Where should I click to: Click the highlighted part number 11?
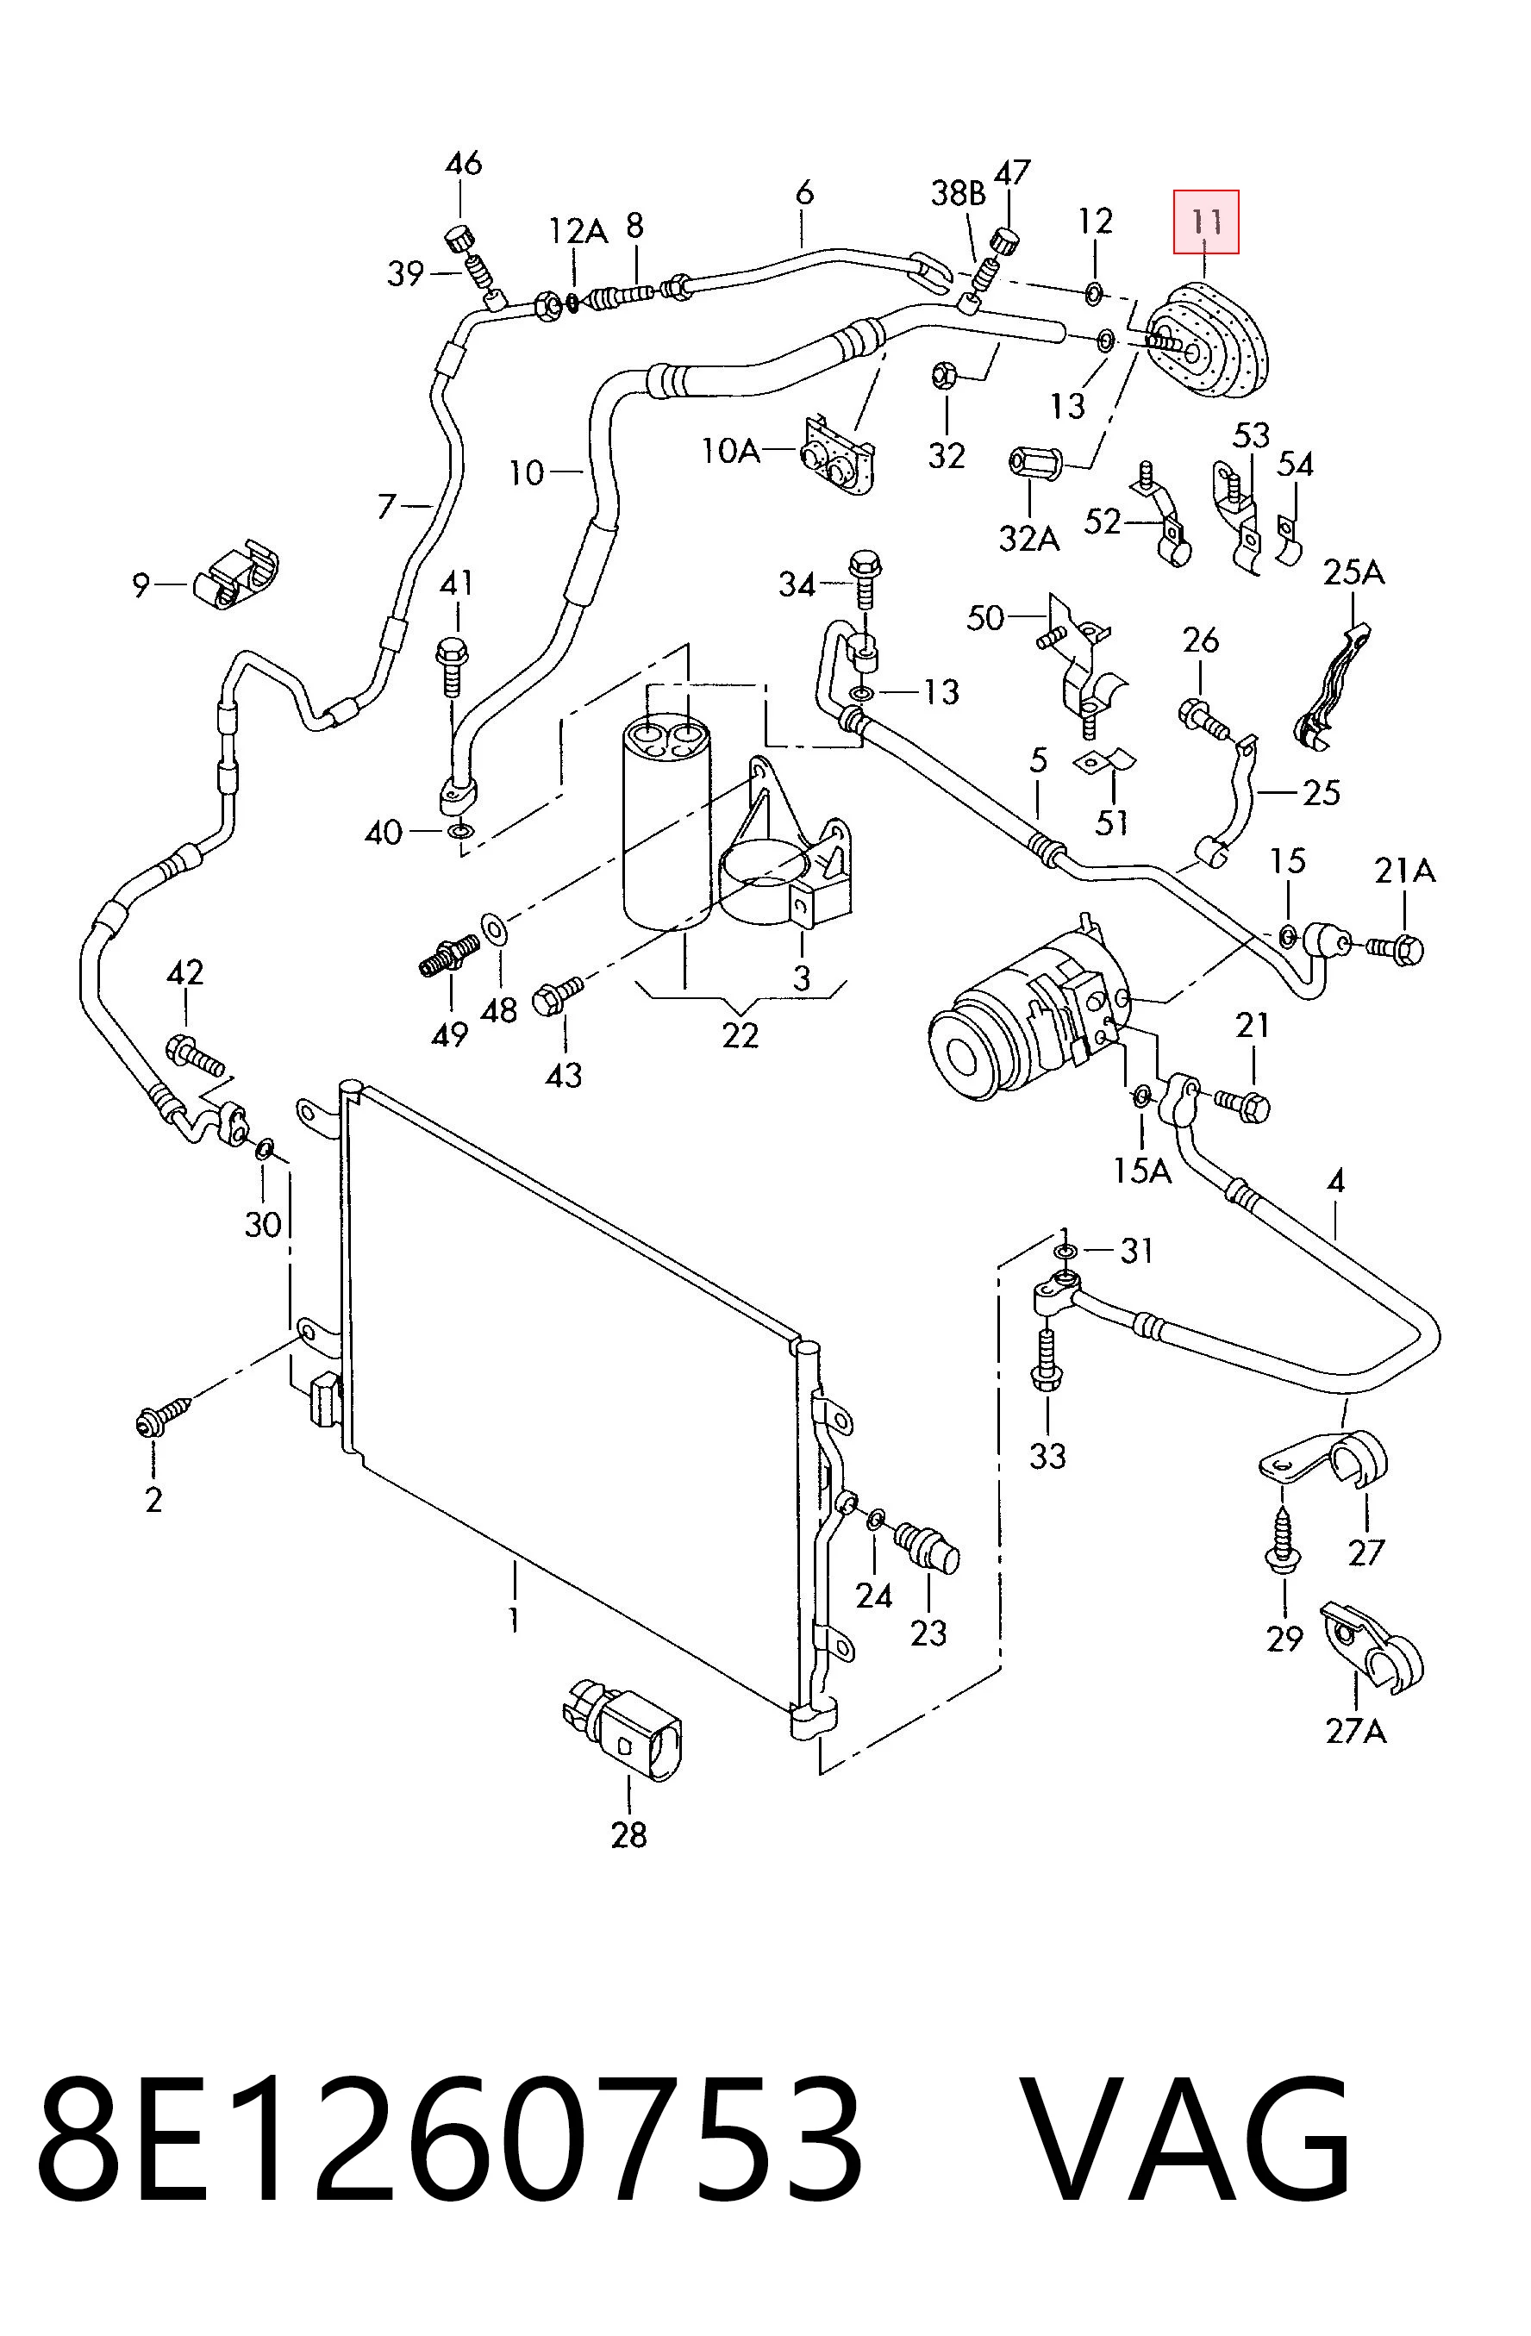click(x=1205, y=222)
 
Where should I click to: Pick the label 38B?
click(x=958, y=193)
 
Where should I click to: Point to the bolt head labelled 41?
click(x=452, y=651)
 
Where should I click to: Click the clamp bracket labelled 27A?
click(x=1371, y=1648)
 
